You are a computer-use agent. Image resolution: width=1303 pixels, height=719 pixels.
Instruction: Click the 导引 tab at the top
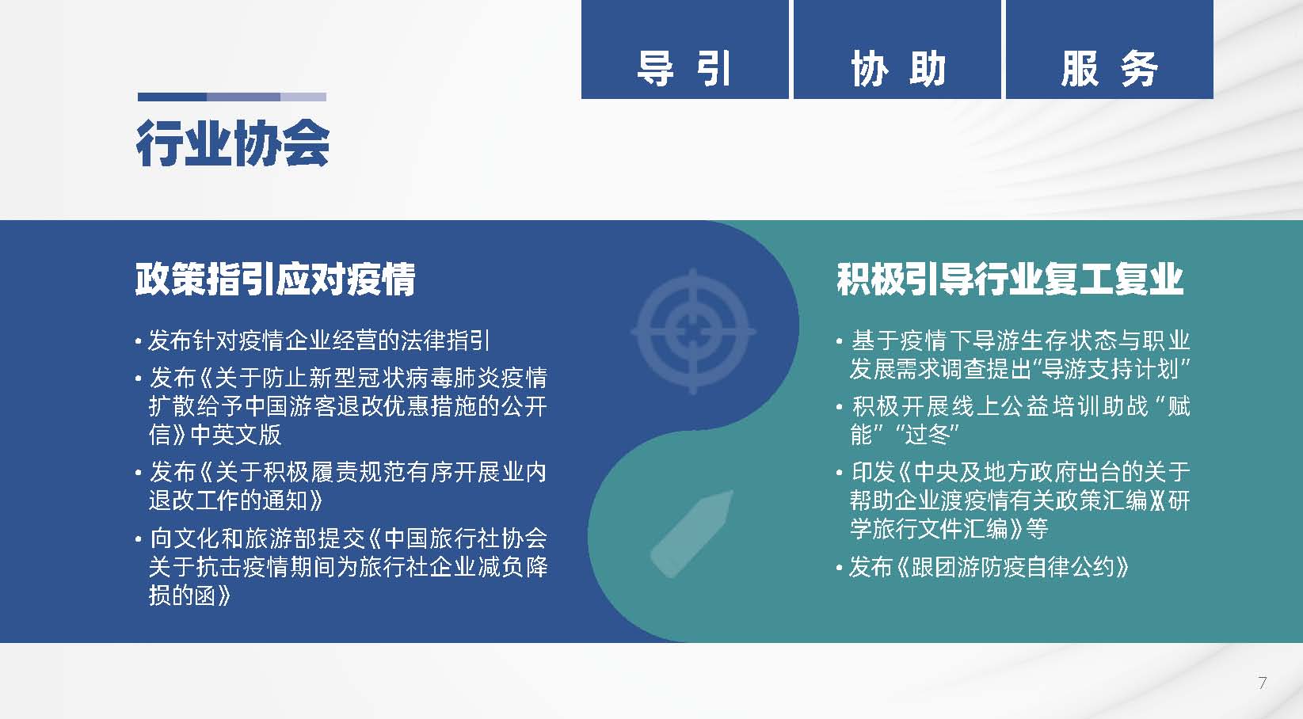pos(684,49)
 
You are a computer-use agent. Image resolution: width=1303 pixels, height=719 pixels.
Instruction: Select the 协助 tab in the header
pos(897,49)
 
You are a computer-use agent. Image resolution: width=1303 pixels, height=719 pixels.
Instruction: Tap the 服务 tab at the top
pos(1109,49)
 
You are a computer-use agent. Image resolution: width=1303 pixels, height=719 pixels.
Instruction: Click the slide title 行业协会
pos(233,143)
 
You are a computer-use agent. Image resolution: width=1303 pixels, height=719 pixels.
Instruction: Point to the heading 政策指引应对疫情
pos(275,280)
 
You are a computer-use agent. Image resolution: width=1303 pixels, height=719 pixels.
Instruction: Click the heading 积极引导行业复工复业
pos(1010,280)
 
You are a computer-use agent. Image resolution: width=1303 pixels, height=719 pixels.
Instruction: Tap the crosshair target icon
pos(693,331)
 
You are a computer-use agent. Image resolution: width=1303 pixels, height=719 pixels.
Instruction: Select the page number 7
pos(1262,683)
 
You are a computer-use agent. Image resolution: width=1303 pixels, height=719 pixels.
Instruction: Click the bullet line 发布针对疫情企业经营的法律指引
pos(318,340)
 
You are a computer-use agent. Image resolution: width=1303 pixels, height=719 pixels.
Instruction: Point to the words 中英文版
pos(236,435)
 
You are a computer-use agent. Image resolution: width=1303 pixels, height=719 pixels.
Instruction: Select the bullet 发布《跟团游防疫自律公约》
pos(989,567)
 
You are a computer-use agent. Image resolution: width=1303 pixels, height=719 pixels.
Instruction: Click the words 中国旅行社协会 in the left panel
pos(466,538)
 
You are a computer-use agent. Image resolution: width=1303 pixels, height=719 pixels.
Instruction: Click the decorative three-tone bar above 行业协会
pos(231,97)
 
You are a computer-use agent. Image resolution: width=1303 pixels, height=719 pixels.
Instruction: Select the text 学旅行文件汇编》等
pos(949,529)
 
